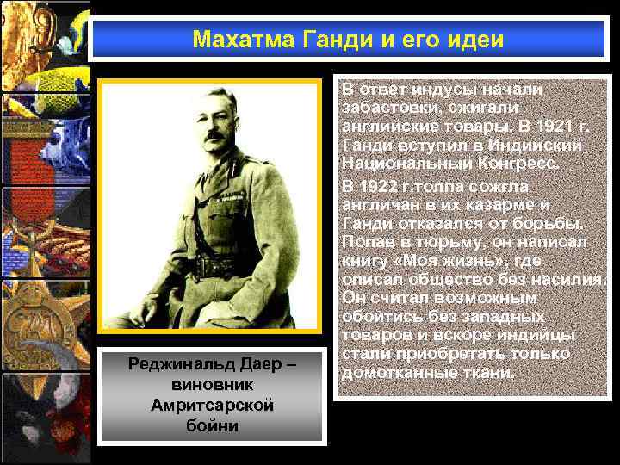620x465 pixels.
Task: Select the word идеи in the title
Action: tap(476, 40)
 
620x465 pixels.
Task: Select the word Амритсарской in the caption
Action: tap(211, 405)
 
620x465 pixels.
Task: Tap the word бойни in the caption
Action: tap(211, 425)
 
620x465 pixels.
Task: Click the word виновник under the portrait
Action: tap(211, 385)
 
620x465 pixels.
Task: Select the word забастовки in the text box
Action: tap(384, 108)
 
